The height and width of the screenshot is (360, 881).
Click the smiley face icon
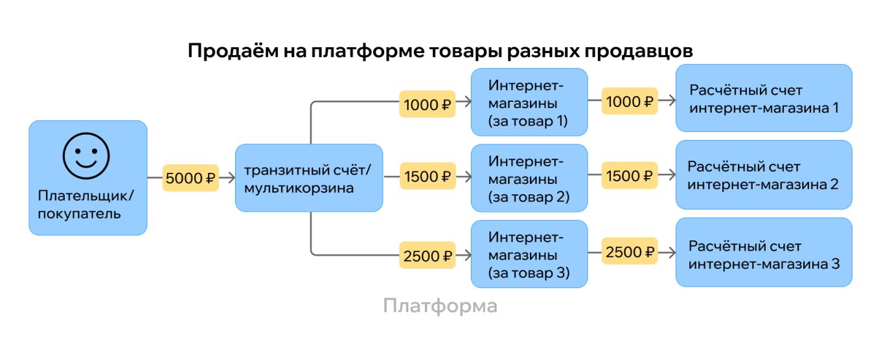86,155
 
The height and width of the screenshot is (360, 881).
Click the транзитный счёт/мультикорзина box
308,178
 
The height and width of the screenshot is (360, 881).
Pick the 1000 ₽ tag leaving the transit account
426,104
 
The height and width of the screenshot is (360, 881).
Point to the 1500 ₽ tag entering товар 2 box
426,176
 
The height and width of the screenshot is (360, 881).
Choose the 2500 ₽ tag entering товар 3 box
426,256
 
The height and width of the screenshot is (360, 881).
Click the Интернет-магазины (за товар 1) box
529,102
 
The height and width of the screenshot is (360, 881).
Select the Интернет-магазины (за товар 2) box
529,178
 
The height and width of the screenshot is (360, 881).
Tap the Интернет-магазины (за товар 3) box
529,254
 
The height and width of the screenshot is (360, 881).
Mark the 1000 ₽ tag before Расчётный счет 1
629,101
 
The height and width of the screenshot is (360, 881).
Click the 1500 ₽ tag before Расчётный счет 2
629,176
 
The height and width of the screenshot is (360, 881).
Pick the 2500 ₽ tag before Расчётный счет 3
629,251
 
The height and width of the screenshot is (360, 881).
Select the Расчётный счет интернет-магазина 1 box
763,98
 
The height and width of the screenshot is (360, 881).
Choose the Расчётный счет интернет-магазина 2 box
763,175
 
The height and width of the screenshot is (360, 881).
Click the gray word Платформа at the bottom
440,306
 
